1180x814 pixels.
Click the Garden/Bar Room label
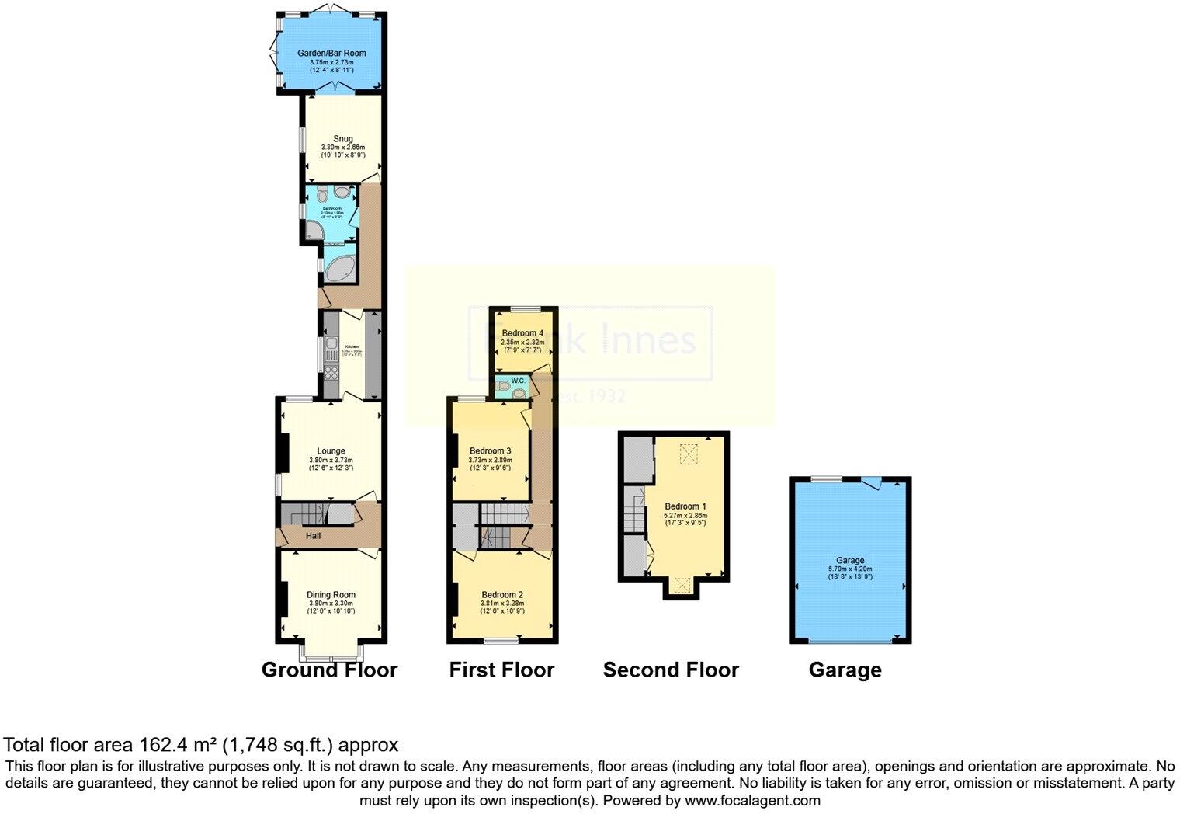coord(331,54)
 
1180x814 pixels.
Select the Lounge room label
coord(331,450)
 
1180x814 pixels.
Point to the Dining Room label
coord(331,595)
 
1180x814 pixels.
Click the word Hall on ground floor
coord(313,536)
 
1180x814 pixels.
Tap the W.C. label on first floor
coord(519,381)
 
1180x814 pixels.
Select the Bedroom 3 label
coord(490,450)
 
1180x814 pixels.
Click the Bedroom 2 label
coord(502,594)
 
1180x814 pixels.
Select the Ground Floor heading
coord(329,670)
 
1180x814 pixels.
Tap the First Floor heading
coord(501,670)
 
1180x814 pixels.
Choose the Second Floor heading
coord(671,670)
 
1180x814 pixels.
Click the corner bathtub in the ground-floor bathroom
coord(339,270)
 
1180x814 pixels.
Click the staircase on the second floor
coord(634,512)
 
